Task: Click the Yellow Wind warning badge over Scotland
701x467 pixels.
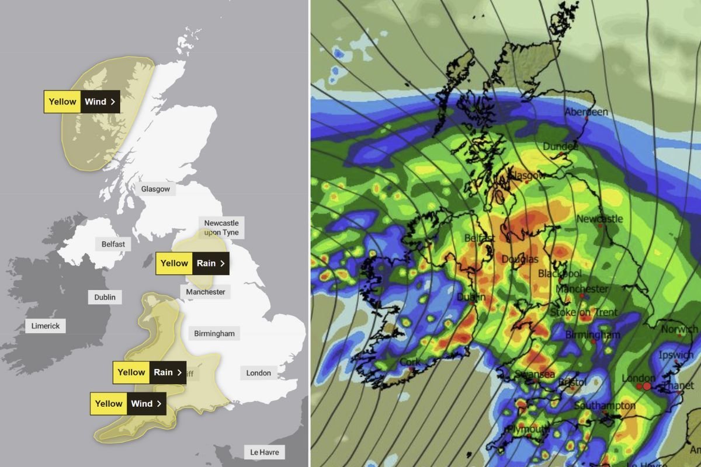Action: pos(82,102)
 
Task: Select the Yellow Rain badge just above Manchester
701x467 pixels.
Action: pos(192,263)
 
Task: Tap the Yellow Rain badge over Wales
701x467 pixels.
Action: pos(150,372)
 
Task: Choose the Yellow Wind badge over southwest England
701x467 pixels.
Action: pos(128,403)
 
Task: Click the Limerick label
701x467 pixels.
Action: pos(46,326)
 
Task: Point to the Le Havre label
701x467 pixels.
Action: pos(264,452)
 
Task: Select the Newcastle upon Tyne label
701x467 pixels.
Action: pos(221,228)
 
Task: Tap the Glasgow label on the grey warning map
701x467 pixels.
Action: pos(155,189)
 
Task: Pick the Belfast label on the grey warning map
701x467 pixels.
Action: pos(113,244)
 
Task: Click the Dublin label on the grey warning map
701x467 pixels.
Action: pos(105,297)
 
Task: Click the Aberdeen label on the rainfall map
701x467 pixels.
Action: pos(587,111)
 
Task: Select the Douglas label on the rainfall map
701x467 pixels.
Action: pos(520,259)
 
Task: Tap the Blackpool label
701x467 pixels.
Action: pos(560,273)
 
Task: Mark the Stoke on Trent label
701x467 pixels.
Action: pos(584,312)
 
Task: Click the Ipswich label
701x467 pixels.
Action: pos(676,355)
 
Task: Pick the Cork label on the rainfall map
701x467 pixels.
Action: pos(410,362)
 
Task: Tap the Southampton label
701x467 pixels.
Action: pos(605,406)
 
